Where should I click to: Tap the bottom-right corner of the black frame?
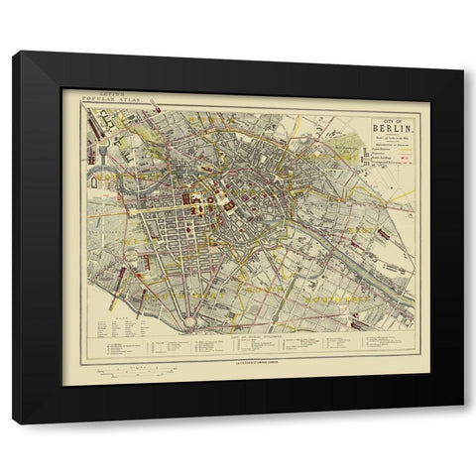tap(461, 423)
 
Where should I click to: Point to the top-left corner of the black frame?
tap(14, 52)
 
